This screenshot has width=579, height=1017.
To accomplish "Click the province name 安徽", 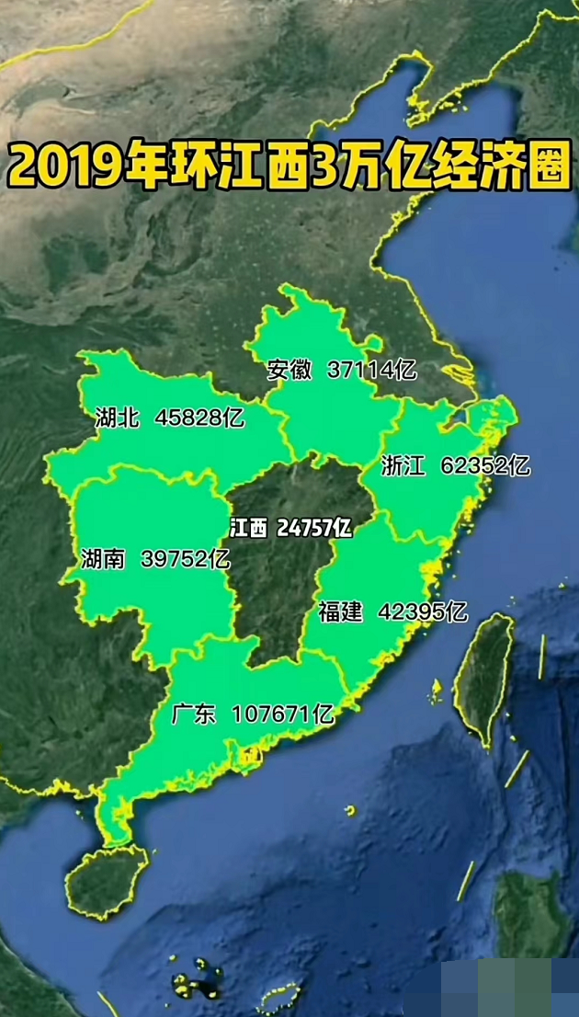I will [x=289, y=370].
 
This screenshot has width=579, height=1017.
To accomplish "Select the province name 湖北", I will [x=117, y=418].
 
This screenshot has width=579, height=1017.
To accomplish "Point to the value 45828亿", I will [x=199, y=418].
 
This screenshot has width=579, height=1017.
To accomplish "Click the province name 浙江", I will [x=403, y=466].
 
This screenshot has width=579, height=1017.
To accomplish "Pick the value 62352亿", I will [x=485, y=466].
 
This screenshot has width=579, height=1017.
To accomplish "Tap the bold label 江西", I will [x=249, y=528].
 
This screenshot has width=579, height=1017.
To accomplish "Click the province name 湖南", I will [x=102, y=558].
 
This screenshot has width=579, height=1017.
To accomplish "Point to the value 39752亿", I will [x=185, y=558].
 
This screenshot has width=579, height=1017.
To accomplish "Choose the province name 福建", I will [x=341, y=611].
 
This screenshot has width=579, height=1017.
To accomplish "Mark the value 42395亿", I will [x=423, y=611].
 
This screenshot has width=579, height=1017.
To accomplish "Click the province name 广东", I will [x=194, y=714].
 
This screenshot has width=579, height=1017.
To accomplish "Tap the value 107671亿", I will [x=282, y=714].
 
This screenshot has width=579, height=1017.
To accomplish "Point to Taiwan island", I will [x=484, y=676].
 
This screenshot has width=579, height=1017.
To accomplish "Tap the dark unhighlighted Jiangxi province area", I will [x=276, y=588].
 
